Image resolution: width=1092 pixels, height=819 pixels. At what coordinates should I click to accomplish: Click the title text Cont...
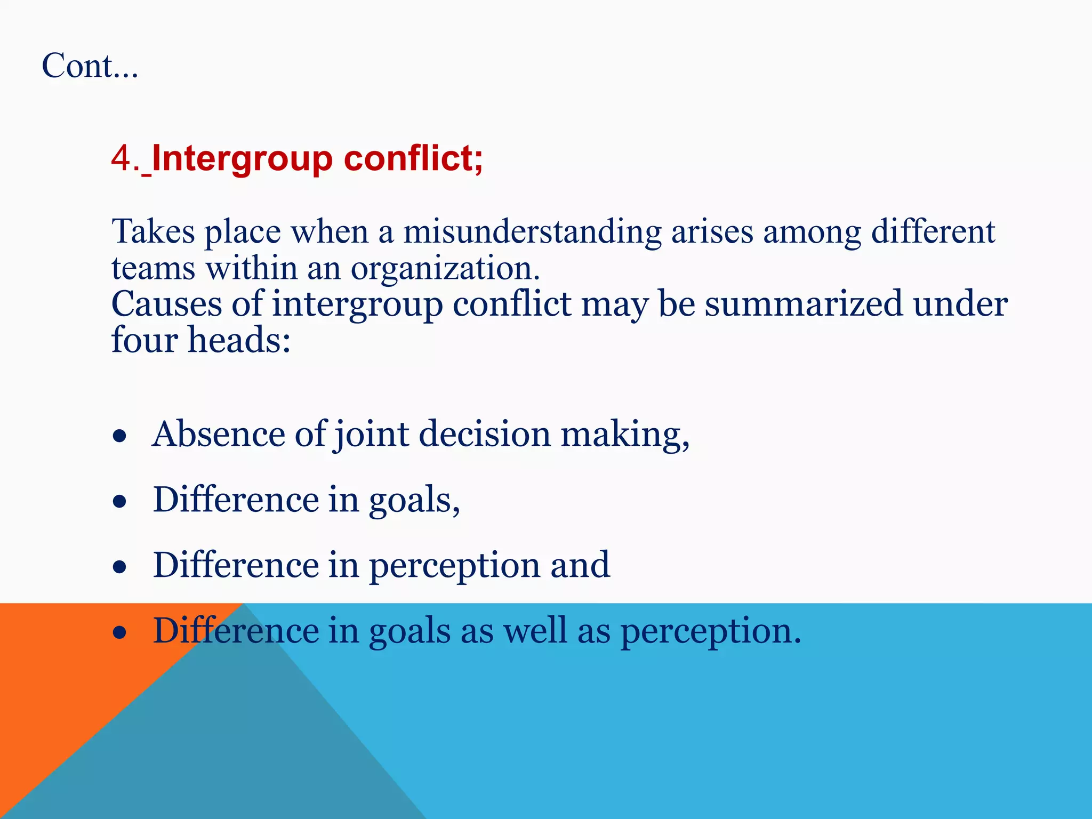[90, 66]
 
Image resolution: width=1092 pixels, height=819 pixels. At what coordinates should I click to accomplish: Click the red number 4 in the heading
[122, 158]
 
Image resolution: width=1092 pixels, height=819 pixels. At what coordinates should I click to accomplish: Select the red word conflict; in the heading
[413, 158]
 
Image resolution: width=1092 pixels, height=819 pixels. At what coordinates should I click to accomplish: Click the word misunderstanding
[532, 232]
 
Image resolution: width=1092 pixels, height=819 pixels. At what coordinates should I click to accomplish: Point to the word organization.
[445, 268]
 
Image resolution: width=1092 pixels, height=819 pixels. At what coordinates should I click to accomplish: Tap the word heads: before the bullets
[239, 340]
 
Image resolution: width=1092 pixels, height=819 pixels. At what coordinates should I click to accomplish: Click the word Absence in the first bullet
[219, 433]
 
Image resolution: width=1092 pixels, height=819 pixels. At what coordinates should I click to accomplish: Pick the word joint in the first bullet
[372, 435]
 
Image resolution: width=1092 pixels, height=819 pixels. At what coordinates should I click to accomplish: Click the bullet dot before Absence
[120, 436]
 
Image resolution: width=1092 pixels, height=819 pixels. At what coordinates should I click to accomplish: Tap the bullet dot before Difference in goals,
[120, 502]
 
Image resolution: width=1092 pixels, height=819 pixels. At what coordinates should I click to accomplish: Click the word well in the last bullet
[535, 631]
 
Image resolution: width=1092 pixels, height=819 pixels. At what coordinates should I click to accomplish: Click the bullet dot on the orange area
[120, 633]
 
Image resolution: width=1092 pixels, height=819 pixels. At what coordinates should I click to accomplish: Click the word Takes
[154, 232]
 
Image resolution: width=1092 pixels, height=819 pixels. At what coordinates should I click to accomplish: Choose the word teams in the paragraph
[153, 268]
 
